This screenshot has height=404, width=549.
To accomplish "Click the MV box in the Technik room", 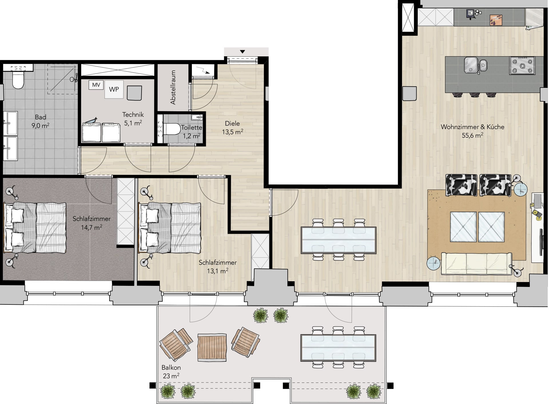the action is [96, 85].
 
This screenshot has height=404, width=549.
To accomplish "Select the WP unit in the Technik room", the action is [114, 89].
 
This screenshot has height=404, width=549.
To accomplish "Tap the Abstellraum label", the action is [173, 87].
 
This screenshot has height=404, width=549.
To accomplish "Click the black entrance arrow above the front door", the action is [242, 52].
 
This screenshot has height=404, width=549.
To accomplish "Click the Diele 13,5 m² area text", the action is [232, 128].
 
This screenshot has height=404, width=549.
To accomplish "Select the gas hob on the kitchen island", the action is [522, 66].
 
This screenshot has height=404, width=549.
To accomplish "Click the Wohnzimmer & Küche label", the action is [472, 127].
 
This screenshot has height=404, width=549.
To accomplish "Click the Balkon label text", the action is [171, 368].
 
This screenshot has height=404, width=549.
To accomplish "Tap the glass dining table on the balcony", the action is [338, 348].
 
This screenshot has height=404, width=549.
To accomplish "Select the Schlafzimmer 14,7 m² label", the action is [91, 223].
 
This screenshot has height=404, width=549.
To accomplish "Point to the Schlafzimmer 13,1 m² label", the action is [218, 267].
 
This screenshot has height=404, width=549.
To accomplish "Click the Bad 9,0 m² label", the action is [40, 121].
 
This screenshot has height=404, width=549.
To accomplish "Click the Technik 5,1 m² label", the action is [133, 119].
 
